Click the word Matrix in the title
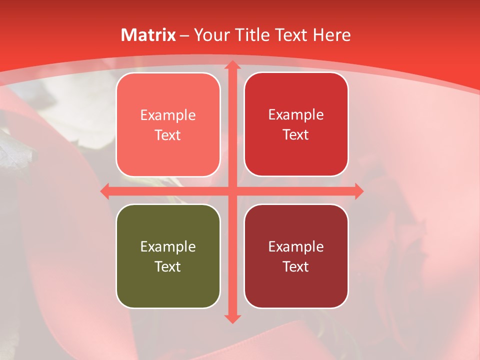(148, 35)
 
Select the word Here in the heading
(331, 35)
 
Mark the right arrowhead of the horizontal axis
(358, 191)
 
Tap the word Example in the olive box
(168, 246)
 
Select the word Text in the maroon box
(296, 266)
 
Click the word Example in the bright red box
(296, 114)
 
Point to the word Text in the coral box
(168, 135)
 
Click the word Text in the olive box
(168, 266)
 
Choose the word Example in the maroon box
(296, 246)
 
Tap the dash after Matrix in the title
(184, 35)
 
